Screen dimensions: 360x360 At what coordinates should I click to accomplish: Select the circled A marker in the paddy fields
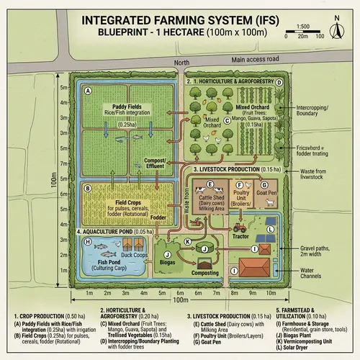pyautogui.click(x=87, y=91)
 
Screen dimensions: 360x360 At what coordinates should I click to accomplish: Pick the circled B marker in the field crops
pyautogui.click(x=87, y=189)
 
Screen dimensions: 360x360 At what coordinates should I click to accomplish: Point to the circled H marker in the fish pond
pyautogui.click(x=87, y=242)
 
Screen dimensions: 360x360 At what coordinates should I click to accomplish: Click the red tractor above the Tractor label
pyautogui.click(x=238, y=224)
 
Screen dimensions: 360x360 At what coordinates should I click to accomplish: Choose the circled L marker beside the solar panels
pyautogui.click(x=270, y=230)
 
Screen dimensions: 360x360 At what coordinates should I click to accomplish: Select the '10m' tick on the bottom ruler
pyautogui.click(x=273, y=294)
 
